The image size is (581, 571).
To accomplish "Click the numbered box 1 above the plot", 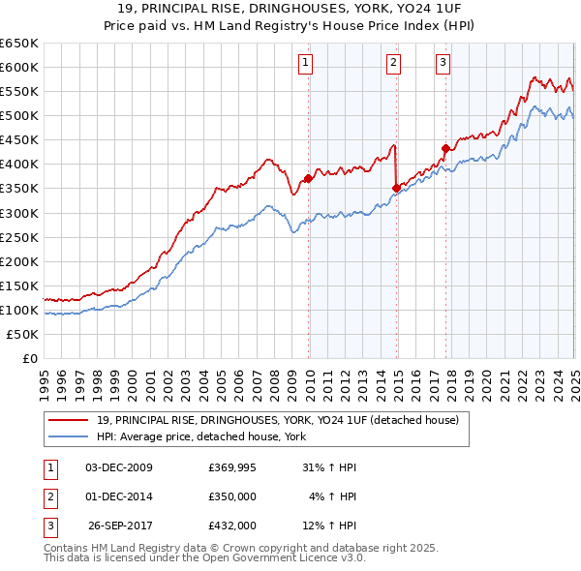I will click(x=305, y=64).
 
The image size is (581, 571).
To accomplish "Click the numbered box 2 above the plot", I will click(x=394, y=64).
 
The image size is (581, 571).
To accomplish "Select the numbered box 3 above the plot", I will click(x=443, y=64).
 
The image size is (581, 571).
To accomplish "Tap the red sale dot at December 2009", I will click(x=309, y=178).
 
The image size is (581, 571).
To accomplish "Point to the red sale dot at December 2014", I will click(x=397, y=188).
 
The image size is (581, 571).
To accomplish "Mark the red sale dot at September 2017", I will click(x=445, y=148).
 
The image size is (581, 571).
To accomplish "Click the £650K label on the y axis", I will click(x=19, y=44).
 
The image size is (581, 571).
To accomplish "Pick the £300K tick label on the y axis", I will click(x=19, y=213).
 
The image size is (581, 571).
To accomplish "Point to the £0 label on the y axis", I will click(x=29, y=358).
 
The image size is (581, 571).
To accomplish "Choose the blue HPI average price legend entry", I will click(x=201, y=437).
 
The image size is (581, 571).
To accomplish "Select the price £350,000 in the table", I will click(x=232, y=496).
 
